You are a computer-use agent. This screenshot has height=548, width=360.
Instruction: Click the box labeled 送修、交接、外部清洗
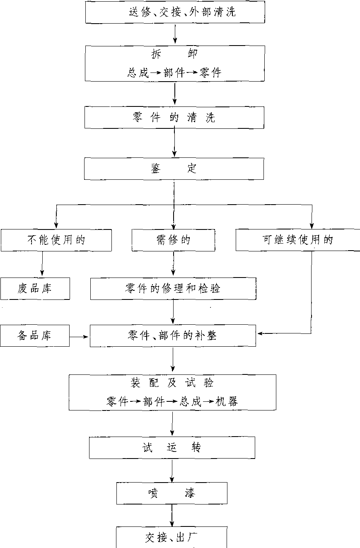click(x=175, y=12)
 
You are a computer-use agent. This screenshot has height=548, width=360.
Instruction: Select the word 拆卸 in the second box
click(x=175, y=54)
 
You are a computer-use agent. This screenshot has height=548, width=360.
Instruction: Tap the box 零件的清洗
click(x=174, y=118)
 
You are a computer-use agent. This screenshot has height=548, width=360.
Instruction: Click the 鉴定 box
click(x=174, y=169)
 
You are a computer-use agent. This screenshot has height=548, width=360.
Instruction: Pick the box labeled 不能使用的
click(x=56, y=240)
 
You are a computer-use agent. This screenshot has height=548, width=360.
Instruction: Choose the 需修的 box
click(x=173, y=240)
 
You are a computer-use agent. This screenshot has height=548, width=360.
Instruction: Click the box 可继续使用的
click(x=297, y=240)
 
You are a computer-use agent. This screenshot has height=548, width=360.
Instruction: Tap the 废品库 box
click(x=35, y=288)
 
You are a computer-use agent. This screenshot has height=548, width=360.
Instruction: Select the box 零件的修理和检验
click(x=173, y=288)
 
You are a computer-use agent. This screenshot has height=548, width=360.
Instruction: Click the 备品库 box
click(x=35, y=336)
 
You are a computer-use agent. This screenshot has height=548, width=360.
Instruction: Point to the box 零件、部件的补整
click(x=173, y=336)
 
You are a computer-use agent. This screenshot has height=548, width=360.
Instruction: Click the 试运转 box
click(x=172, y=448)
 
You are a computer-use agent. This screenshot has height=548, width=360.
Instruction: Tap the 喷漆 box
click(x=172, y=493)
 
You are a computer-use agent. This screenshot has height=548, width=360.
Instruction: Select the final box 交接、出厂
click(x=172, y=538)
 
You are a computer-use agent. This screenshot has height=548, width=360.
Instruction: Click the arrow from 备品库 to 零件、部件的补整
click(x=80, y=336)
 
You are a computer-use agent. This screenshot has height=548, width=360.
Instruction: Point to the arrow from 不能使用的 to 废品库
click(x=42, y=264)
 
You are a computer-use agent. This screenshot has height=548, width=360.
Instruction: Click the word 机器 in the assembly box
click(x=227, y=401)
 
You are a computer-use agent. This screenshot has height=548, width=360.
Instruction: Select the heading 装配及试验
click(x=172, y=383)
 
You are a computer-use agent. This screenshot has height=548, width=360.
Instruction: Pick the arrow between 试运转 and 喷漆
click(x=172, y=471)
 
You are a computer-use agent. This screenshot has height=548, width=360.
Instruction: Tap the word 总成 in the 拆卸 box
click(x=138, y=73)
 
